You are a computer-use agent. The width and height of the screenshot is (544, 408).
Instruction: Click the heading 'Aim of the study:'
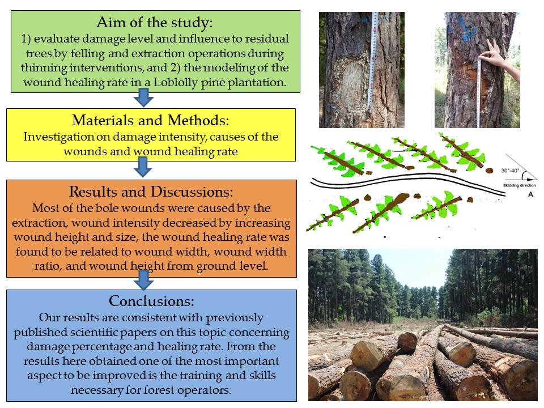pos(155,22)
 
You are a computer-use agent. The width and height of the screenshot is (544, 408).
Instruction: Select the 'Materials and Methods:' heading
pos(151,120)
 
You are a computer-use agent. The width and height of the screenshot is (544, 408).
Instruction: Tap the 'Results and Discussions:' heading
pos(151,192)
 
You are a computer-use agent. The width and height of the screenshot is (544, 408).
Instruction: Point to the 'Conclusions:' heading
pos(151,301)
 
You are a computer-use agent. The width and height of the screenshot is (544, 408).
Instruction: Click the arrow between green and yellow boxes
pos(143,97)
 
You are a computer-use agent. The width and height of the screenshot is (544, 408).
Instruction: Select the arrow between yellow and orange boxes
pos(143,167)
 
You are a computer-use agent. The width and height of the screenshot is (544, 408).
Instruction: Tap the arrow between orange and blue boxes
pos(143,279)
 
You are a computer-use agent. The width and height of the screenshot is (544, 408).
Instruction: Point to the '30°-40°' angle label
pos(510,171)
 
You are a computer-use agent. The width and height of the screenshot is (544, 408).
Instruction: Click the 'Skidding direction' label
pos(520,186)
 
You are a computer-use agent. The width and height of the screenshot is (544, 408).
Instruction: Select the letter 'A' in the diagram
pos(530,194)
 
